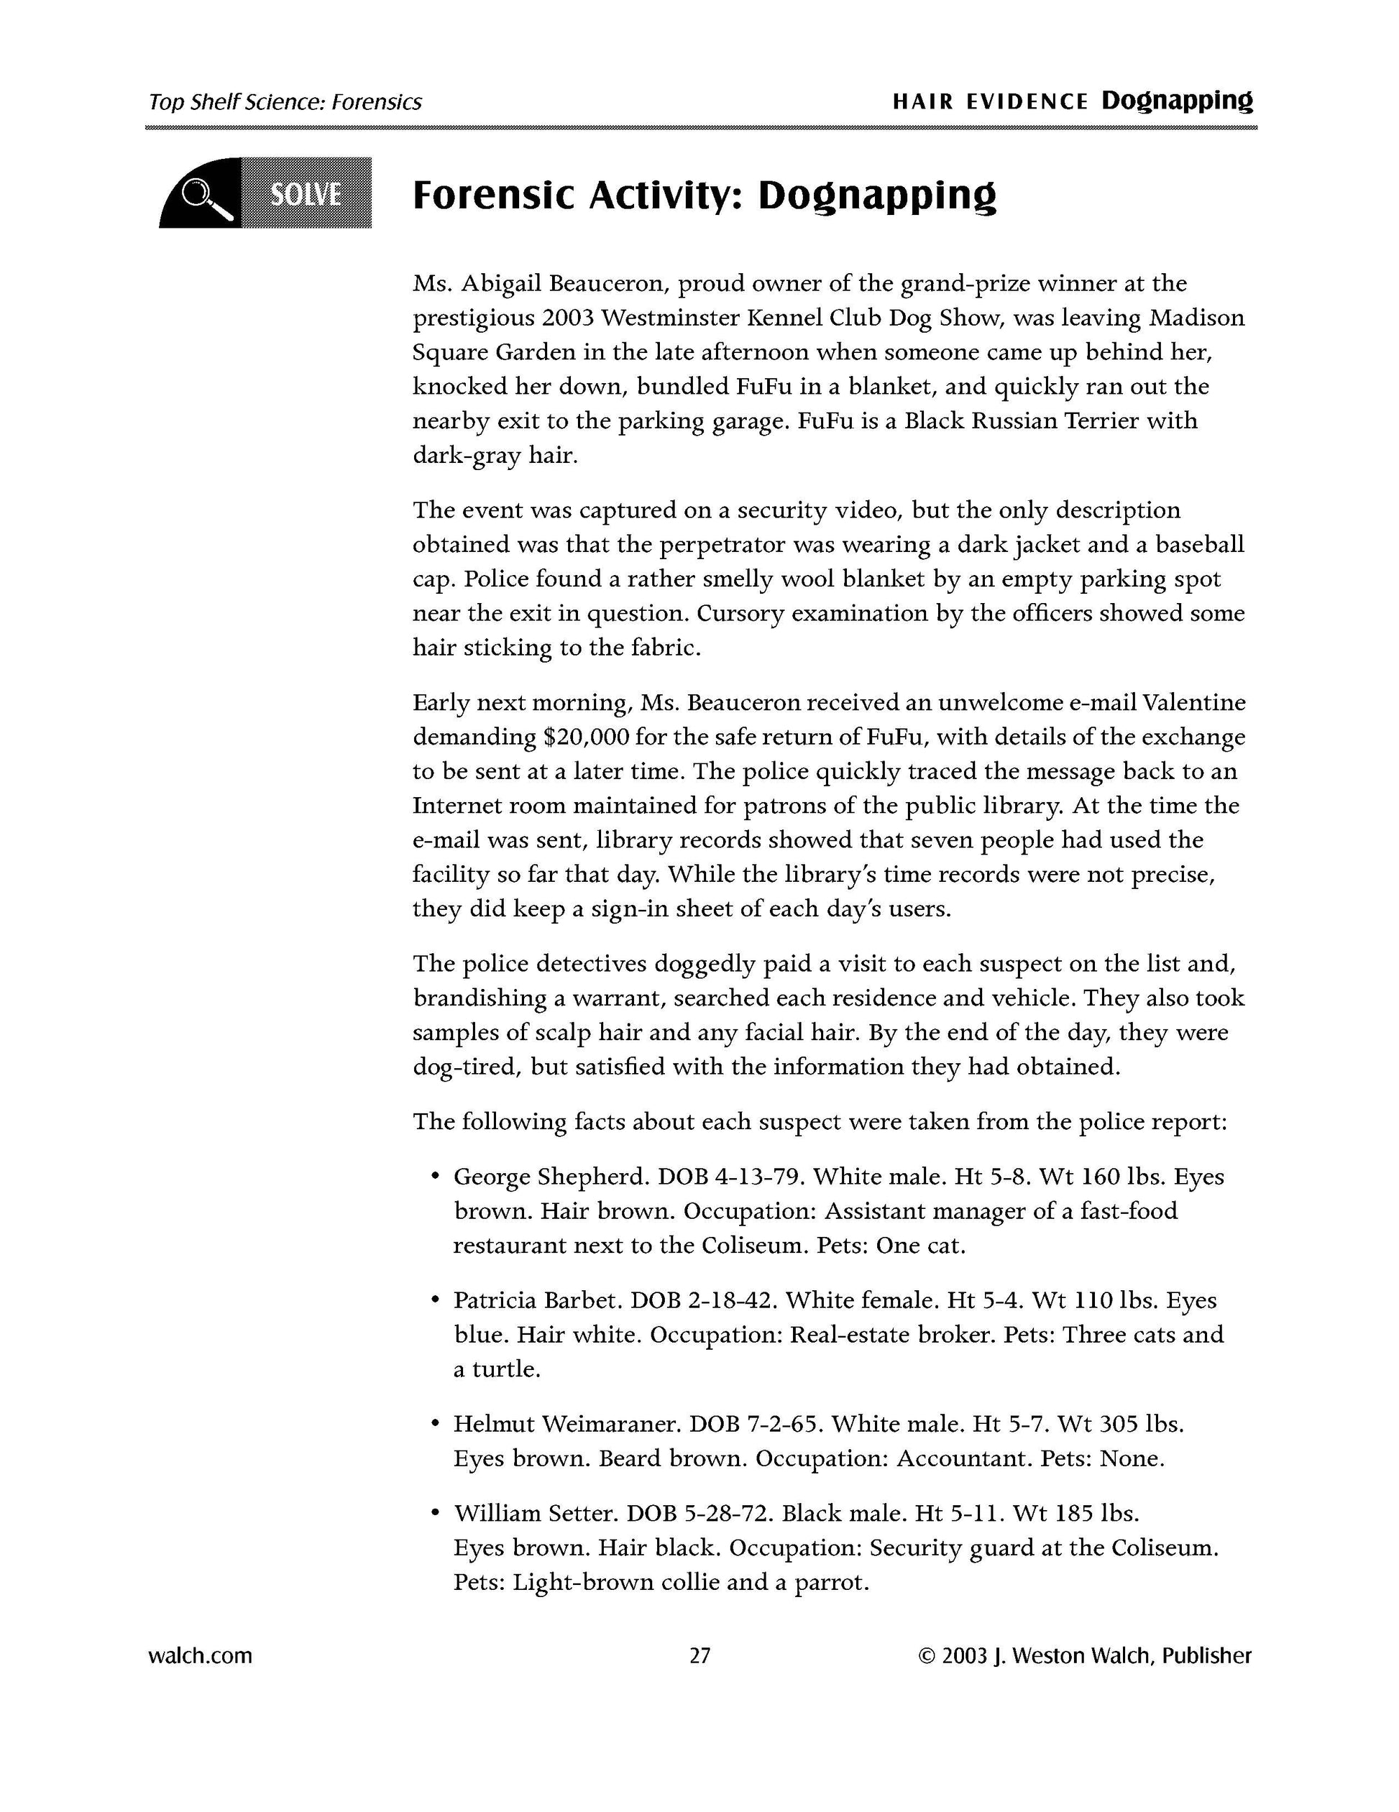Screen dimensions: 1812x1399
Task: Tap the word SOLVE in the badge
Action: click(x=306, y=194)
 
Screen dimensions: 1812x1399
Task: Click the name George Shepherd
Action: click(x=549, y=1177)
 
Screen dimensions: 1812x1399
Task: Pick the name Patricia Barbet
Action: click(x=538, y=1300)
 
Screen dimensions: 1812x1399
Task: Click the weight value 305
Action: click(x=1119, y=1424)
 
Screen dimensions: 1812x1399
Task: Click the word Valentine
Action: click(x=1193, y=703)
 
